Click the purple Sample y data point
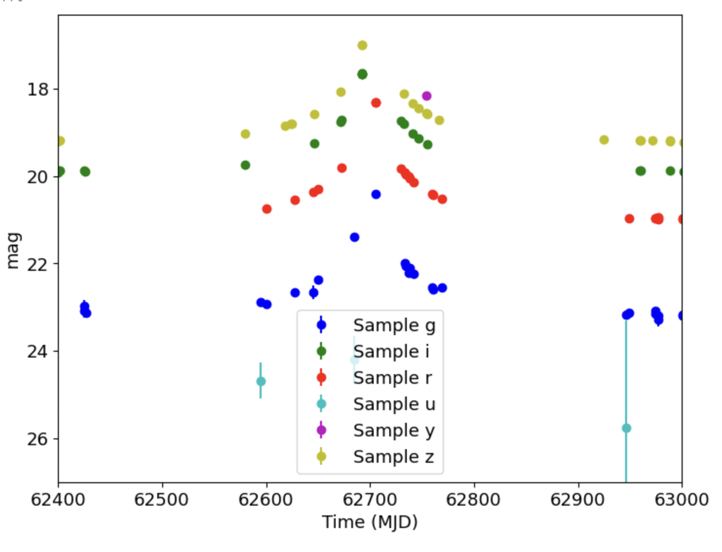[x=427, y=96]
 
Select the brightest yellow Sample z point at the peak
[x=363, y=45]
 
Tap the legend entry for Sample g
[x=394, y=325]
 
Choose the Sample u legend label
[x=394, y=404]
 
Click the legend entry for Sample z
[x=393, y=457]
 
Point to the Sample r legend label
[x=392, y=378]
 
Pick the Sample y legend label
[x=394, y=430]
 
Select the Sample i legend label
[x=391, y=351]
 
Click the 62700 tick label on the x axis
[x=370, y=499]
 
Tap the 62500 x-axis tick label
[x=162, y=499]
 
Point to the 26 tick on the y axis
[x=38, y=439]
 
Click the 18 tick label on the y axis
[x=38, y=89]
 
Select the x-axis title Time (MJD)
[x=370, y=522]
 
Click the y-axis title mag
[x=13, y=251]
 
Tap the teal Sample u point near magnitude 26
[x=627, y=428]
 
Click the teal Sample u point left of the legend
[x=261, y=381]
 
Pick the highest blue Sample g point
[x=376, y=195]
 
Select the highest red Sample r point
[x=376, y=103]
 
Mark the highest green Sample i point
[x=363, y=74]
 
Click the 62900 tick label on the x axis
[x=577, y=499]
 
